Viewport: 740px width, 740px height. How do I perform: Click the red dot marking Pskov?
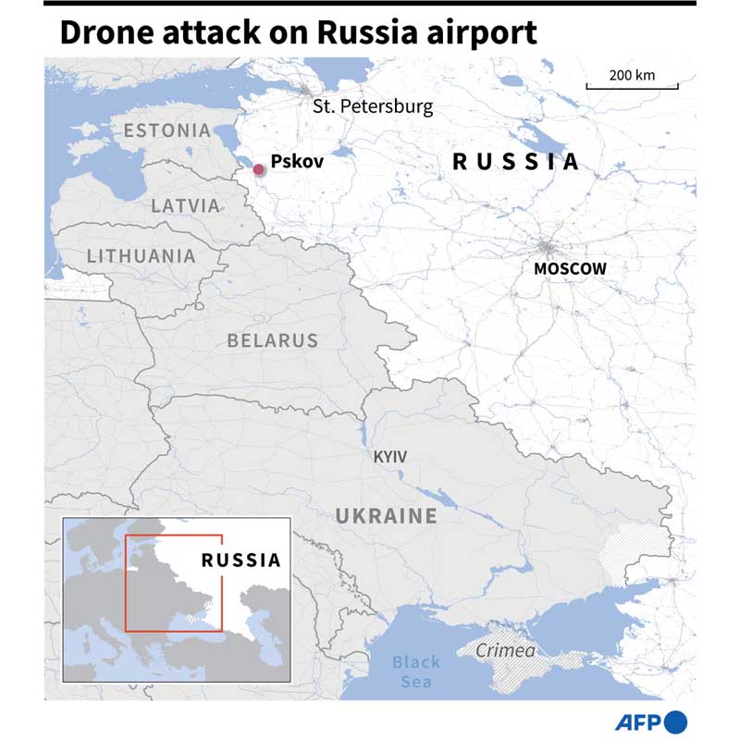259,168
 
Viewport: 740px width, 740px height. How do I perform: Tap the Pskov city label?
297,161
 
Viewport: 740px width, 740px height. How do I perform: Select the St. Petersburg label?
373,106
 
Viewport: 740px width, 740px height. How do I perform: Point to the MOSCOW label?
570,268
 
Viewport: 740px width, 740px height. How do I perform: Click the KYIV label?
389,457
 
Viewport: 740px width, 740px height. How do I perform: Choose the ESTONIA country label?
167,130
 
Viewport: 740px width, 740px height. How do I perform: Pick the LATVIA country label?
186,205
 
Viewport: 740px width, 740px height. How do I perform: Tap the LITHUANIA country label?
141,256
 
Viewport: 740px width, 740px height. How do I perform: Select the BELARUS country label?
272,340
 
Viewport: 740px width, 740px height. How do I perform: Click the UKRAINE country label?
386,516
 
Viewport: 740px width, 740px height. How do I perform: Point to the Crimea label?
505,651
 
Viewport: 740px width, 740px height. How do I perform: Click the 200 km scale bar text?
632,75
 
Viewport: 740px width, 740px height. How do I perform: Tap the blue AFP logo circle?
676,721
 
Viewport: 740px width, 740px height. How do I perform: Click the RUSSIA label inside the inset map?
240,560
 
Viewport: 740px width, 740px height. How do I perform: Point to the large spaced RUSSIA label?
515,162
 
